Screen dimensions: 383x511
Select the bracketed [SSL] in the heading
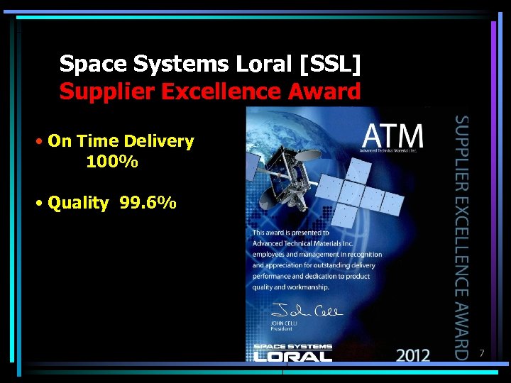(x=331, y=65)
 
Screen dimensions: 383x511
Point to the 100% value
(x=112, y=162)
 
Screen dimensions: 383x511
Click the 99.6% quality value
(x=148, y=204)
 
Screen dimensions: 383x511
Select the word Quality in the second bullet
(x=78, y=204)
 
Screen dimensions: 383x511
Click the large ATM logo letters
(x=393, y=137)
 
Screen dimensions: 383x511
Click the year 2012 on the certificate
(x=414, y=354)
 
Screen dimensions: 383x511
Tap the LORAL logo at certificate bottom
(x=292, y=355)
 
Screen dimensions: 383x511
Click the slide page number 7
(x=481, y=353)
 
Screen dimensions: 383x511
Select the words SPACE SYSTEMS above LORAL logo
(x=292, y=346)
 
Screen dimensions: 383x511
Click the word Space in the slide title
(x=87, y=65)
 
